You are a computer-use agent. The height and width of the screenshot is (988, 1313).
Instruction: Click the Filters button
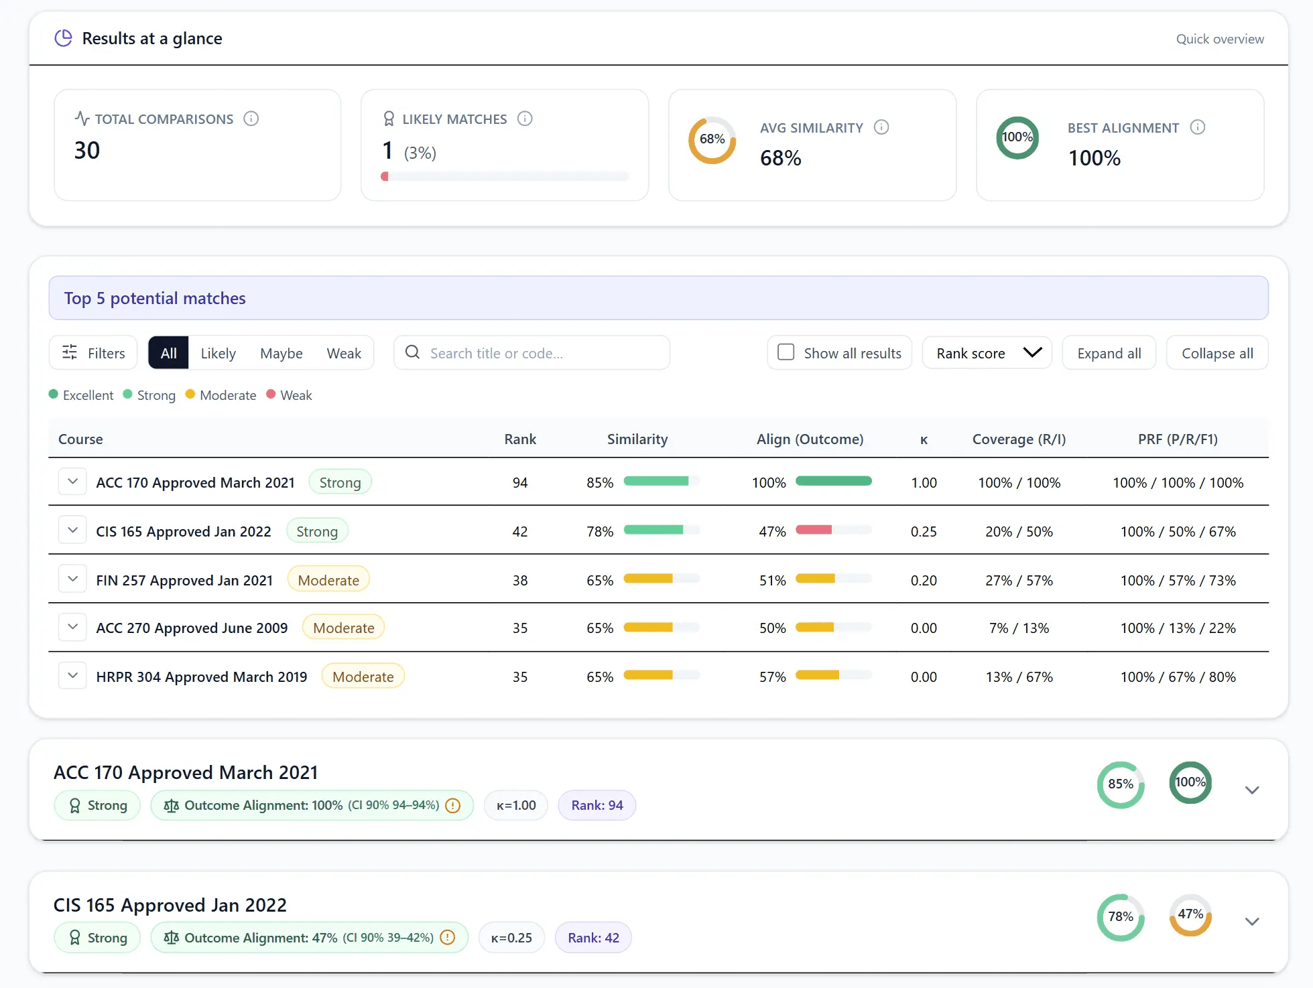[93, 353]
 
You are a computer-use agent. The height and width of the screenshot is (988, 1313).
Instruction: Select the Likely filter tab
[218, 353]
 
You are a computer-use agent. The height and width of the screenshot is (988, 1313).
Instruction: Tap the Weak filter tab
[343, 353]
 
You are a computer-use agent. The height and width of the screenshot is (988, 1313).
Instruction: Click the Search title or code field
[536, 353]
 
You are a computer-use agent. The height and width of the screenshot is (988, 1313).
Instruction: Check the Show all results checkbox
[786, 352]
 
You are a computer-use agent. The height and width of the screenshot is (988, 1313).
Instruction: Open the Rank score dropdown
[987, 353]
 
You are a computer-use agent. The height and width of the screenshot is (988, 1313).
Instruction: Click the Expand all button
[1109, 353]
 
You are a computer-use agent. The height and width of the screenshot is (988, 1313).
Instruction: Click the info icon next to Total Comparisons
[251, 119]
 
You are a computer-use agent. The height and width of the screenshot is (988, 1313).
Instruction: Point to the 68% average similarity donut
[712, 139]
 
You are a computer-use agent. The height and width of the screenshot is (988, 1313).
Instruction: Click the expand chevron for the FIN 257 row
[72, 579]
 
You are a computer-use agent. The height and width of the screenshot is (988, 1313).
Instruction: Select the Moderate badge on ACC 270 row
[343, 628]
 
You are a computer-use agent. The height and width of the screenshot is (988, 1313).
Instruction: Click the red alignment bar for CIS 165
[814, 530]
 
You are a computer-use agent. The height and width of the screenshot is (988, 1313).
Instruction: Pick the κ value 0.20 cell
[923, 580]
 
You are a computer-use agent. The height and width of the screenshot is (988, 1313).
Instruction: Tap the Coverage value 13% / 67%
[1019, 677]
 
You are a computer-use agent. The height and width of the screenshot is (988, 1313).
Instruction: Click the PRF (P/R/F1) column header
[1177, 439]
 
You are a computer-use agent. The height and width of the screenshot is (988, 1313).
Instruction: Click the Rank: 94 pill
[597, 805]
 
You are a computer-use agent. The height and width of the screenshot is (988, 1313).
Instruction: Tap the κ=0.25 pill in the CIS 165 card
[511, 938]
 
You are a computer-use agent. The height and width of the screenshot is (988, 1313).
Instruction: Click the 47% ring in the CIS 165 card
[1190, 915]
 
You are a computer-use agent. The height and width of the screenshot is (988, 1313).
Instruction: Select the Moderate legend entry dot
[190, 394]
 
